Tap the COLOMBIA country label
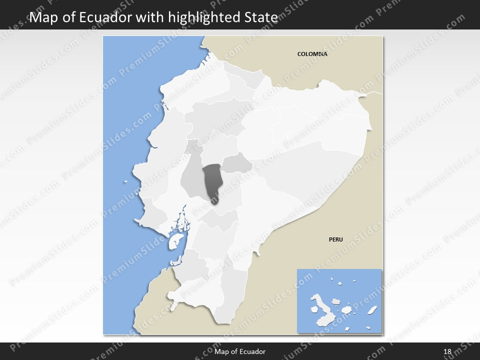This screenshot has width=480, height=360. click(x=312, y=54)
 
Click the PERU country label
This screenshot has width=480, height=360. click(x=335, y=239)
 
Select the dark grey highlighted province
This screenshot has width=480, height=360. click(x=213, y=182)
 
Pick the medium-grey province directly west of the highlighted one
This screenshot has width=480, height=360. click(x=192, y=177)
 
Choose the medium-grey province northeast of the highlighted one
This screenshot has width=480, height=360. click(x=237, y=163)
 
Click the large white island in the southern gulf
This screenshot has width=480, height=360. click(x=174, y=241)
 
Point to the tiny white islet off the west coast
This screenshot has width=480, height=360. click(x=126, y=182)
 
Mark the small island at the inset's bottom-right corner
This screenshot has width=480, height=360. click(x=368, y=328)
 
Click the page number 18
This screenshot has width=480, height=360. click(x=447, y=351)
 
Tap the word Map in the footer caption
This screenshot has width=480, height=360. click(x=220, y=351)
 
